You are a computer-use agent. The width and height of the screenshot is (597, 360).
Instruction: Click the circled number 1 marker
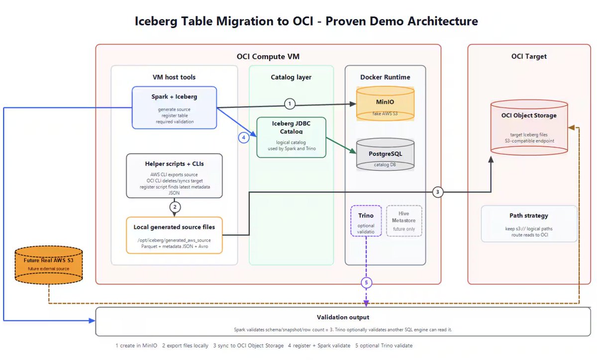[x=290, y=103]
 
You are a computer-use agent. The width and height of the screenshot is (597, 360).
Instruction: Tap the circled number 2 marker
[x=175, y=207]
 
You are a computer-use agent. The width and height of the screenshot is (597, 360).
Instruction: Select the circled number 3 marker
[x=437, y=192]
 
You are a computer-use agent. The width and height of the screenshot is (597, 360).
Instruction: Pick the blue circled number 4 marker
[x=244, y=138]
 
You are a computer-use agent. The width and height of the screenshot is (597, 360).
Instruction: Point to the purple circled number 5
[x=366, y=282]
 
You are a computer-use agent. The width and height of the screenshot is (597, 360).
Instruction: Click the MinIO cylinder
[x=385, y=103]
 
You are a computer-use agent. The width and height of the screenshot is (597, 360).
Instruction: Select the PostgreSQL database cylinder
[x=385, y=154]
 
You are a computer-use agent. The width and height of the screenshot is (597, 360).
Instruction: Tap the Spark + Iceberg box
[x=174, y=108]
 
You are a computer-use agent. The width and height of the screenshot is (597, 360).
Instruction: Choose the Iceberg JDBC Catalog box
[x=292, y=137]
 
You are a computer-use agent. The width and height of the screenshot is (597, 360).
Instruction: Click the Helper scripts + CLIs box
[x=174, y=176]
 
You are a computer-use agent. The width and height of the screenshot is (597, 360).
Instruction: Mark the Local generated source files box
[x=174, y=235]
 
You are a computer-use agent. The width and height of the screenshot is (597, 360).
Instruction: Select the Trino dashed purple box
[x=366, y=221]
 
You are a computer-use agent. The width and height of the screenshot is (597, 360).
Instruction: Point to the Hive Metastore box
[x=404, y=221]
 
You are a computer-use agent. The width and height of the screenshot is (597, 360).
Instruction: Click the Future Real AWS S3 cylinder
[x=49, y=265]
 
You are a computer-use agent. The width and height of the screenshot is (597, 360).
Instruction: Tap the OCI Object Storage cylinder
[x=529, y=127]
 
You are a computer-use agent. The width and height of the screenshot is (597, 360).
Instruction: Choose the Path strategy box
[x=529, y=224]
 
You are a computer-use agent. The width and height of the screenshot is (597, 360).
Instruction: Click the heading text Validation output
[x=343, y=317]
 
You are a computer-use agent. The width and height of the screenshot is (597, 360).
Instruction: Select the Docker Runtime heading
[x=385, y=77]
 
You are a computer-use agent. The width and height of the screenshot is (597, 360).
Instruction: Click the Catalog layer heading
[x=291, y=77]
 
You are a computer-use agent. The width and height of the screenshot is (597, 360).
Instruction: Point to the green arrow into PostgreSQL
[x=341, y=146]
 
